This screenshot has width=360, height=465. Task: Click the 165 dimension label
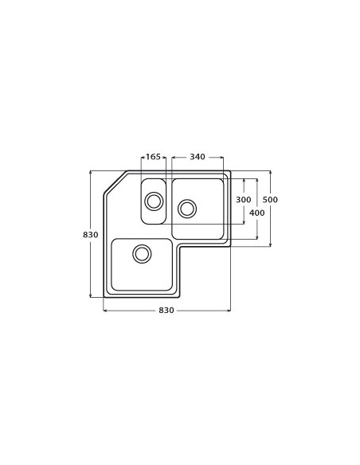coord(154,157)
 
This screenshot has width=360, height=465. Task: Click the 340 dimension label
coord(198,157)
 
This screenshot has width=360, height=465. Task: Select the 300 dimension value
coord(244,199)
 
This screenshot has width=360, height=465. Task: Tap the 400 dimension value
coord(256,213)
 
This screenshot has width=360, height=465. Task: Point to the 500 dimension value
coord(270,199)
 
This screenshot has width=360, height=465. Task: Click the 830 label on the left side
coord(90,234)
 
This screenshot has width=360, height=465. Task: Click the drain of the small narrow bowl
coord(153,200)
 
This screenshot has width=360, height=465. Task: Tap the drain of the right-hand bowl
coord(187,208)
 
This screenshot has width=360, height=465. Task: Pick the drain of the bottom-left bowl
coord(142,253)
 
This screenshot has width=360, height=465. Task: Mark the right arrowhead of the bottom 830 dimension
coord(229,310)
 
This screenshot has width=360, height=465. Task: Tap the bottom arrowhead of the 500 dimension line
coord(270,244)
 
